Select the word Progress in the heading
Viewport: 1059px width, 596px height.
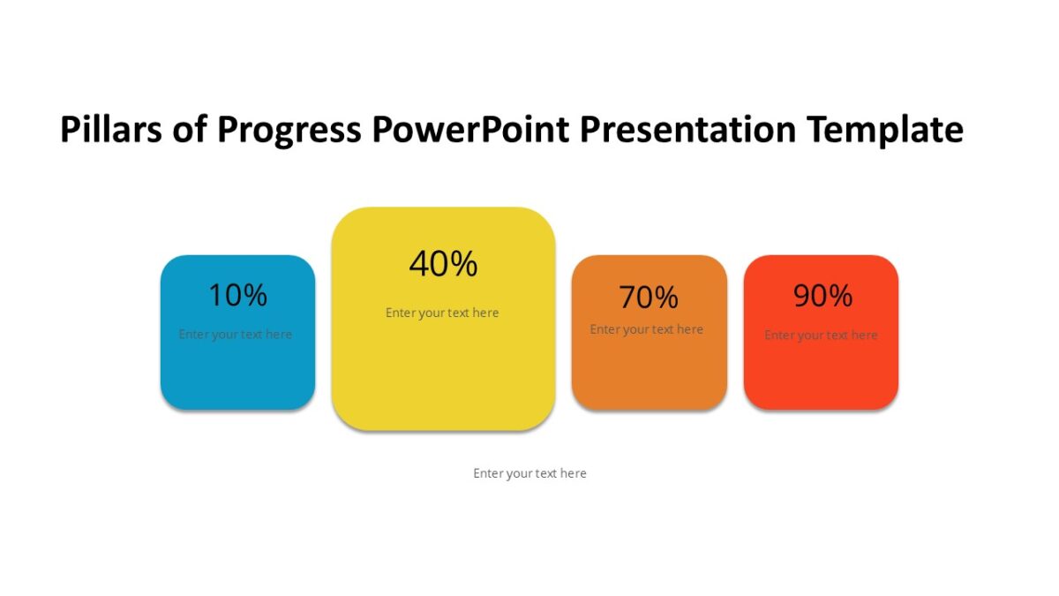pyautogui.click(x=289, y=131)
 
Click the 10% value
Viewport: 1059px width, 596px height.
pyautogui.click(x=237, y=295)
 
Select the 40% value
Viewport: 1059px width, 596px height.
pyautogui.click(x=443, y=263)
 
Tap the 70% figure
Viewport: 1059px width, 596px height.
pyautogui.click(x=649, y=298)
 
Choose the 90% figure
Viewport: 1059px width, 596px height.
pyautogui.click(x=822, y=296)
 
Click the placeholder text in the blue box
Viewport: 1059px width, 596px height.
pyautogui.click(x=236, y=335)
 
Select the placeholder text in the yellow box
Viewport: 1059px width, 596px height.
pyautogui.click(x=442, y=313)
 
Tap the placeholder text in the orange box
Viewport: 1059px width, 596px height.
pyautogui.click(x=647, y=329)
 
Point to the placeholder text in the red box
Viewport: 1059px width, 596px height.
pyautogui.click(x=821, y=336)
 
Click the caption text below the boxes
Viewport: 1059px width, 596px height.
pyautogui.click(x=529, y=473)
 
